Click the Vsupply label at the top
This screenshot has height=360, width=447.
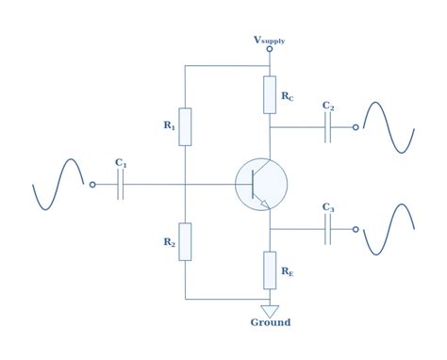coord(269,40)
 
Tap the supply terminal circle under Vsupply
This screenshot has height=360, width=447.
coord(270,49)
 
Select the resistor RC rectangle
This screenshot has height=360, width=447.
coord(270,94)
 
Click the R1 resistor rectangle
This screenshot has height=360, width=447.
coord(185,126)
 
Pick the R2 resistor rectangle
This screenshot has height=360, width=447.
coord(185,241)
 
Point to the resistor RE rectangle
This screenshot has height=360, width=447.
coord(270,270)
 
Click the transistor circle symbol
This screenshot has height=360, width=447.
coord(260,185)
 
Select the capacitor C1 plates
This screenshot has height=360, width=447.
coord(121,185)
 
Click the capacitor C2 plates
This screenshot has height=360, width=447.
coord(327,127)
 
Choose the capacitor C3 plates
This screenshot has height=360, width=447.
coord(327,229)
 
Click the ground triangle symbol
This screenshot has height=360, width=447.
coord(270,310)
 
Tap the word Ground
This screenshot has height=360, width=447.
coord(270,322)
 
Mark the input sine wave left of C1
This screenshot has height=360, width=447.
coord(58,185)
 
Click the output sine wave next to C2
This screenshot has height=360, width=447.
coord(389,127)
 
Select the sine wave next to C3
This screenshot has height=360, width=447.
coord(389,229)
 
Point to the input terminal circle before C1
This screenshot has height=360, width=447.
coord(92,185)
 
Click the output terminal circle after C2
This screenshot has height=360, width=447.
coord(356,127)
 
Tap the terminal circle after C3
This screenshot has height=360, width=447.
coord(356,229)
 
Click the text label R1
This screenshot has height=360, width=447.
coord(169,124)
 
